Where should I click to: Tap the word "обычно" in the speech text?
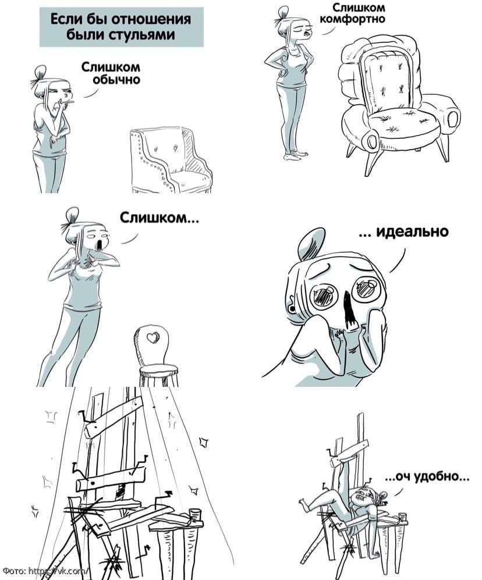tap(116, 80)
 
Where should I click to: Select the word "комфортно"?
tap(352, 19)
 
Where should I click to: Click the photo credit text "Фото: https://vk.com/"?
tap(45, 571)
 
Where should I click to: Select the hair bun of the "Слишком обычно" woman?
tap(40, 72)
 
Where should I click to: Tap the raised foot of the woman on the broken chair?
tap(304, 504)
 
